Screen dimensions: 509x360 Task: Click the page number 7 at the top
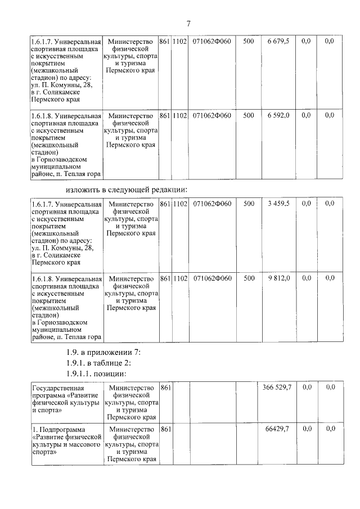[188, 23]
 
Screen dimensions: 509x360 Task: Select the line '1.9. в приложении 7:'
[103, 353]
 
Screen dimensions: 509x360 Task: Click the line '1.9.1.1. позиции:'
[97, 373]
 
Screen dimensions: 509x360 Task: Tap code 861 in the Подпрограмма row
[165, 429]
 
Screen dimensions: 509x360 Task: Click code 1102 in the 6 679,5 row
[180, 42]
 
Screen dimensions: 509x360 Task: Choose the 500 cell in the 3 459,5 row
[249, 204]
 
